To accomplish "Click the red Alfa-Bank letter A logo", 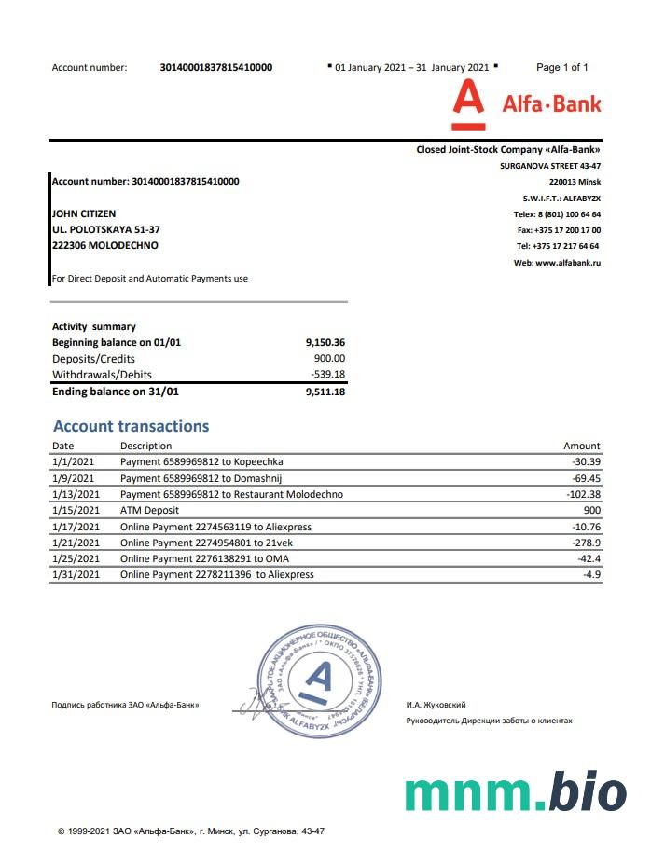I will coord(467,103).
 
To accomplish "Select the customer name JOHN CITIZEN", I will coord(84,213).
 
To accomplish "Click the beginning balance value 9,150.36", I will coord(325,342).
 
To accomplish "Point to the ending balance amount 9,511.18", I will coord(325,392).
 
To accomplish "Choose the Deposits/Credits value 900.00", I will coord(329,358).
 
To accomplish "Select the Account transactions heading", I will coord(131,426).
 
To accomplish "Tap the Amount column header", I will coord(581,446).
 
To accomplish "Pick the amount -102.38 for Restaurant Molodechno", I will coord(583,494).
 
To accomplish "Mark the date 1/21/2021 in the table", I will coord(76,543).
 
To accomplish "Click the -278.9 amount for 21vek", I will coord(586,543).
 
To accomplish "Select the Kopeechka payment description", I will coord(201,461).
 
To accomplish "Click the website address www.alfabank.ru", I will coord(557,263).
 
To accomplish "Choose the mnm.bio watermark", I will coord(515,790).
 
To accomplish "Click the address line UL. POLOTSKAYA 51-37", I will coord(106,229).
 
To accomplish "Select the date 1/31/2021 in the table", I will coord(76,574).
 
